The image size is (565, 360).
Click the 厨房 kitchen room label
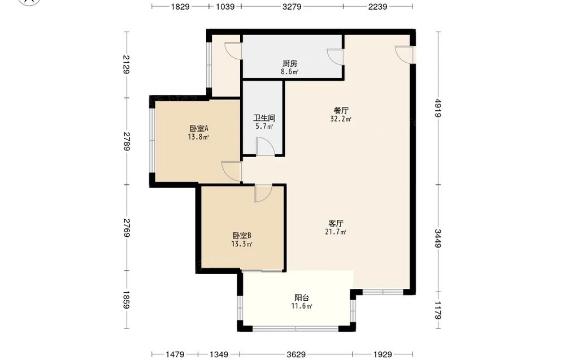click(x=290, y=63)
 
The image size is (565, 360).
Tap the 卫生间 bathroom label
click(x=264, y=118)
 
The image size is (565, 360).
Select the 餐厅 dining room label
click(x=341, y=110)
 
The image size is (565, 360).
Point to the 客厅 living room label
click(x=336, y=223)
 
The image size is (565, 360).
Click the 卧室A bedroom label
click(x=199, y=128)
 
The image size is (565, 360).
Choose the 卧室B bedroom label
click(x=241, y=236)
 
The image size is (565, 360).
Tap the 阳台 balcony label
click(x=302, y=298)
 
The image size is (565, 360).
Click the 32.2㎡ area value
click(x=341, y=119)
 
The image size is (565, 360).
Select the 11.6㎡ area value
click(x=302, y=307)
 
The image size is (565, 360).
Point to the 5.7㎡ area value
click(x=264, y=127)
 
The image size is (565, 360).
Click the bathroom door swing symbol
click(x=266, y=146)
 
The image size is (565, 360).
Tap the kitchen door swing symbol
click(x=335, y=57)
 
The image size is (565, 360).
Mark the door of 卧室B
click(x=263, y=193)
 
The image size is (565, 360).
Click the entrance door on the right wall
click(x=404, y=55)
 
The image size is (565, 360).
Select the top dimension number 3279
click(x=292, y=6)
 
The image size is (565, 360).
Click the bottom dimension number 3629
click(x=296, y=354)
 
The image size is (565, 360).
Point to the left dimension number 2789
click(x=127, y=141)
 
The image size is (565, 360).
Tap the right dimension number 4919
click(x=438, y=108)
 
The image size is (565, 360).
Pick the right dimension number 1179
click(x=438, y=311)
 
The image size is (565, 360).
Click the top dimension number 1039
click(x=225, y=6)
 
